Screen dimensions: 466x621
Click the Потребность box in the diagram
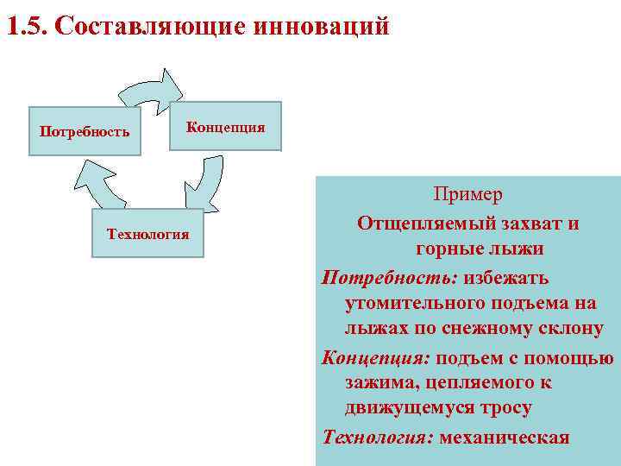click(85, 132)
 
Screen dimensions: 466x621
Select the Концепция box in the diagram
click(225, 127)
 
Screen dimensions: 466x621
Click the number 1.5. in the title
click(27, 27)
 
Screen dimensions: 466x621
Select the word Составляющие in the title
click(150, 27)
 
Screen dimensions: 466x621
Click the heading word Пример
click(468, 196)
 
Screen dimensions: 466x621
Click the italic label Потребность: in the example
click(390, 278)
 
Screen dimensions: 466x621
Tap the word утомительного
click(417, 305)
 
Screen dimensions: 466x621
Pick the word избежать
click(506, 278)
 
